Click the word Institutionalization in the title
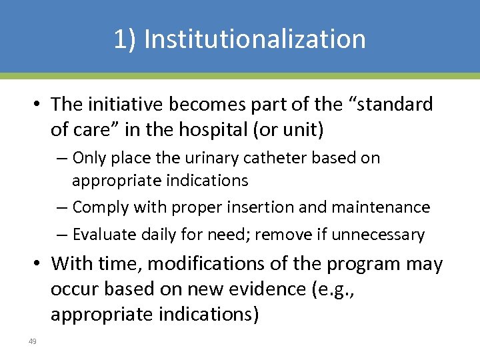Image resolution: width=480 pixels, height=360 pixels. pos(255,39)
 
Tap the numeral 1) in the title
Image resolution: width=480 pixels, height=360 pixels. pos(125,39)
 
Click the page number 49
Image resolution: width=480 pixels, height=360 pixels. pos(32,342)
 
